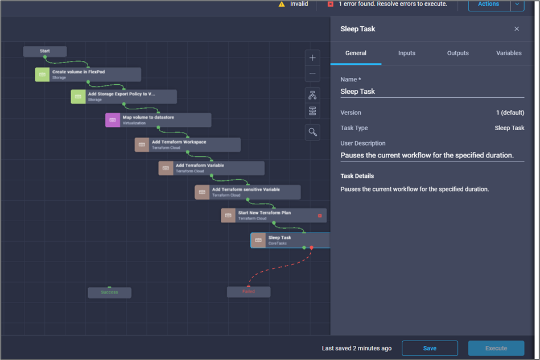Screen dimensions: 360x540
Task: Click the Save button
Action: tap(430, 348)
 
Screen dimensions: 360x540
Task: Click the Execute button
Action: tap(496, 348)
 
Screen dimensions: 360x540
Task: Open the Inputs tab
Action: tap(406, 53)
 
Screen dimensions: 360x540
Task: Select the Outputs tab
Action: tap(457, 53)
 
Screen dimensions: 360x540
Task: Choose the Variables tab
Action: tap(509, 53)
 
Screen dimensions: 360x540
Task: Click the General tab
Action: tap(356, 53)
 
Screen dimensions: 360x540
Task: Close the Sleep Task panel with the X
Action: tap(517, 29)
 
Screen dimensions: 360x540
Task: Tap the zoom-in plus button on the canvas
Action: tap(312, 58)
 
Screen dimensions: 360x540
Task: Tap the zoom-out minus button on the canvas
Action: tap(312, 74)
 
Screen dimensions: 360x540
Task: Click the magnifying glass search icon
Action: tap(312, 132)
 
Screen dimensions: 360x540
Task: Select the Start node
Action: tap(45, 51)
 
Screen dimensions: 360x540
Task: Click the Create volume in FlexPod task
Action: tap(88, 75)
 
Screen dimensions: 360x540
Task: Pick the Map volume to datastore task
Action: tap(158, 120)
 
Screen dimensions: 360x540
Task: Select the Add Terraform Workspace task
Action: tap(188, 144)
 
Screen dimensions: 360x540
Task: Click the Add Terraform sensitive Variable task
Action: tap(248, 192)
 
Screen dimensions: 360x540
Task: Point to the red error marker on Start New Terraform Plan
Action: tap(320, 216)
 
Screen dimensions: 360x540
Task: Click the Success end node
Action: tap(109, 292)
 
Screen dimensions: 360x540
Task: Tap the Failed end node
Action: tap(249, 292)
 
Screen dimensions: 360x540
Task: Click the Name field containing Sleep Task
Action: tap(432, 91)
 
